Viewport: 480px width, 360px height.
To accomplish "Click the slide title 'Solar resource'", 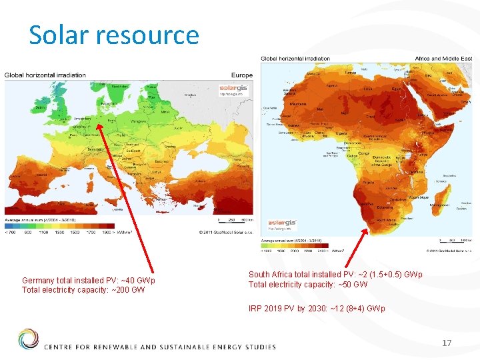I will pyautogui.click(x=113, y=35).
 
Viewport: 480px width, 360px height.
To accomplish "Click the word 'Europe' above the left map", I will pyautogui.click(x=242, y=75).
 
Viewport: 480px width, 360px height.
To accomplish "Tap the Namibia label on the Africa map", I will pyautogui.click(x=367, y=201).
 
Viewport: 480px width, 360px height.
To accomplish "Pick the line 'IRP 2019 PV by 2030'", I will pyautogui.click(x=317, y=309).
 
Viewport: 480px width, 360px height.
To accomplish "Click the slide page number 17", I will pyautogui.click(x=447, y=343).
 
